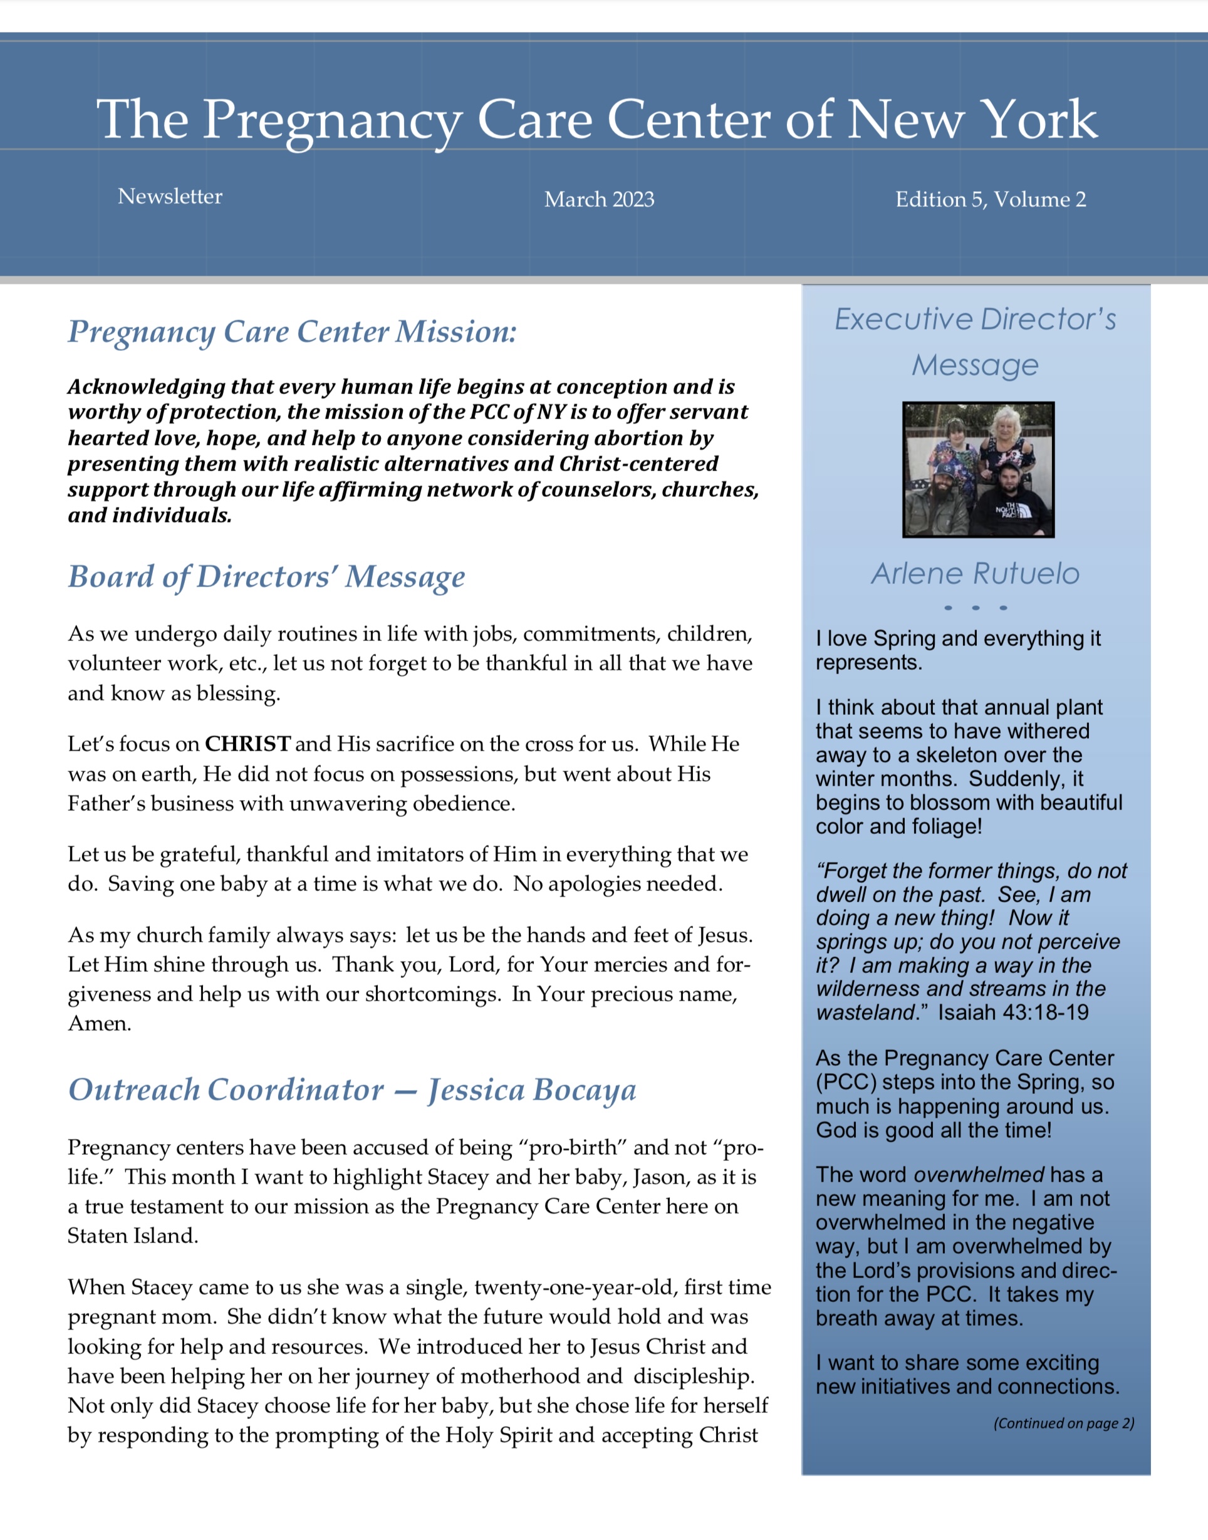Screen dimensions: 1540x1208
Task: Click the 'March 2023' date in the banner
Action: pyautogui.click(x=599, y=199)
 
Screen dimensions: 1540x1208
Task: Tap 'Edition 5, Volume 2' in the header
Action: pyautogui.click(x=990, y=199)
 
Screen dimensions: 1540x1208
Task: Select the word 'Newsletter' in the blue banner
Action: pyautogui.click(x=170, y=196)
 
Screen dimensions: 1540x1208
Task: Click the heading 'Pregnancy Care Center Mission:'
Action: pyautogui.click(x=292, y=331)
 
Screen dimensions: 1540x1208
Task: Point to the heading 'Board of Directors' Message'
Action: pyautogui.click(x=267, y=576)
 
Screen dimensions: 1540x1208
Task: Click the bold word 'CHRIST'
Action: pyautogui.click(x=247, y=744)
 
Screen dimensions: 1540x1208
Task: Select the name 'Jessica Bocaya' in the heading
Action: pyautogui.click(x=532, y=1090)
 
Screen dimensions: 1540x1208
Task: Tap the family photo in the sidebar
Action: pyautogui.click(x=978, y=469)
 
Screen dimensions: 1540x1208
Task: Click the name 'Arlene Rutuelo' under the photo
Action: pyautogui.click(x=976, y=573)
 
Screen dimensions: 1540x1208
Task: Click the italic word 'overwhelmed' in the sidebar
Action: pyautogui.click(x=979, y=1175)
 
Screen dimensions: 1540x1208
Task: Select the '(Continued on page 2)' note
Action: pyautogui.click(x=1063, y=1423)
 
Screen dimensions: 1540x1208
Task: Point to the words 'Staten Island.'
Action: pyautogui.click(x=133, y=1236)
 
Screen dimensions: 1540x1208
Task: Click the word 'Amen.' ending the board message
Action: pyautogui.click(x=100, y=1023)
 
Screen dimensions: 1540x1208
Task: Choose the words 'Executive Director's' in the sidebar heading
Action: pyautogui.click(x=976, y=320)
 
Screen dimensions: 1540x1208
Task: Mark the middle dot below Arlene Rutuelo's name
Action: pyautogui.click(x=976, y=607)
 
